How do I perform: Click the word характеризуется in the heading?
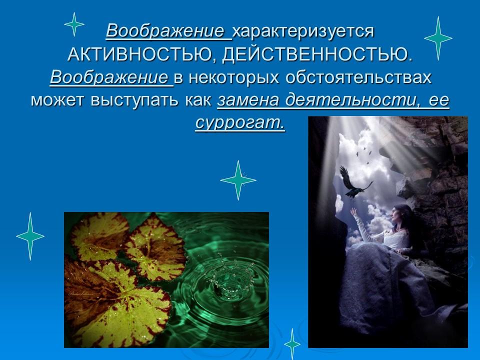(303, 31)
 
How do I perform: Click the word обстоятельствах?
(358, 78)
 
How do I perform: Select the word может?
(58, 101)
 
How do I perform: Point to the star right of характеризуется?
(438, 38)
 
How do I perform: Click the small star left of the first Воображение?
(74, 24)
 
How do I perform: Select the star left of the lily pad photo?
(30, 235)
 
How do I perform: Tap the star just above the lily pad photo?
(238, 180)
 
